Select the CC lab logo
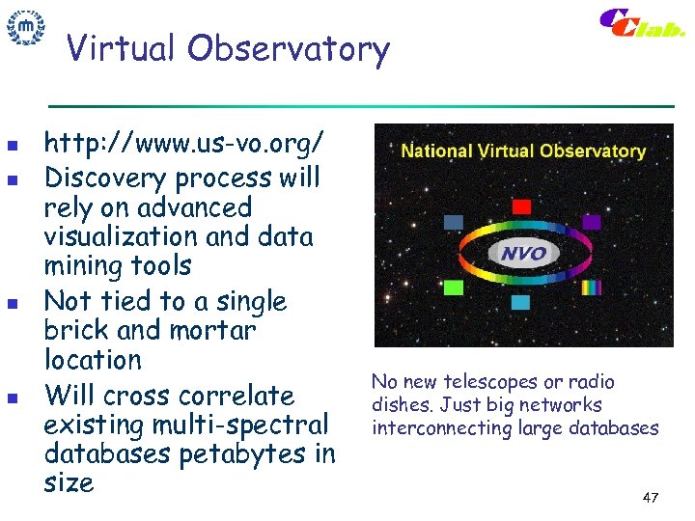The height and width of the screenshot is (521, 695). [x=641, y=24]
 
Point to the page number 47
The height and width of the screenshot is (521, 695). [x=650, y=498]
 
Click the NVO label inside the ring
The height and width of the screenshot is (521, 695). [x=522, y=254]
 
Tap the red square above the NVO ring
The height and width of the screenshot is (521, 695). [x=521, y=206]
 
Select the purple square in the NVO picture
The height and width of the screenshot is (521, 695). [x=591, y=222]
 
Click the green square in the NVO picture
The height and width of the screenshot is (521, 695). [x=454, y=287]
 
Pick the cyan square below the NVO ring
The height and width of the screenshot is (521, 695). [x=521, y=302]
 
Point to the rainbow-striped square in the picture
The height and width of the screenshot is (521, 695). [x=591, y=287]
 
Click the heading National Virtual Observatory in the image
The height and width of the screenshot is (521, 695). [x=523, y=151]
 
